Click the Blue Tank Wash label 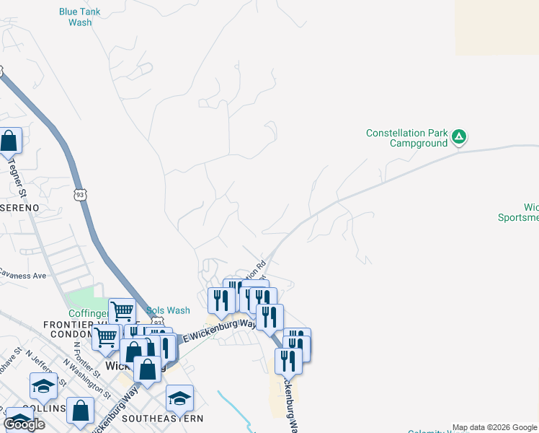pyautogui.click(x=79, y=17)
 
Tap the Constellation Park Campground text pyautogui.click(x=406, y=138)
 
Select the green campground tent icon pyautogui.click(x=459, y=136)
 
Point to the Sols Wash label pyautogui.click(x=169, y=311)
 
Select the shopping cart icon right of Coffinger pyautogui.click(x=122, y=311)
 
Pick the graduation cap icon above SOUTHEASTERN pyautogui.click(x=179, y=397)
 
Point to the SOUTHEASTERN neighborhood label pyautogui.click(x=163, y=419)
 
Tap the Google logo pyautogui.click(x=24, y=424)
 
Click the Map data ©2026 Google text pyautogui.click(x=494, y=427)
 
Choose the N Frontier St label pyautogui.click(x=79, y=354)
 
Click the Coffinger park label pyautogui.click(x=86, y=314)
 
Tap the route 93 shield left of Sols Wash pyautogui.click(x=158, y=323)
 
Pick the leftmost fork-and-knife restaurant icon pyautogui.click(x=220, y=299)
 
